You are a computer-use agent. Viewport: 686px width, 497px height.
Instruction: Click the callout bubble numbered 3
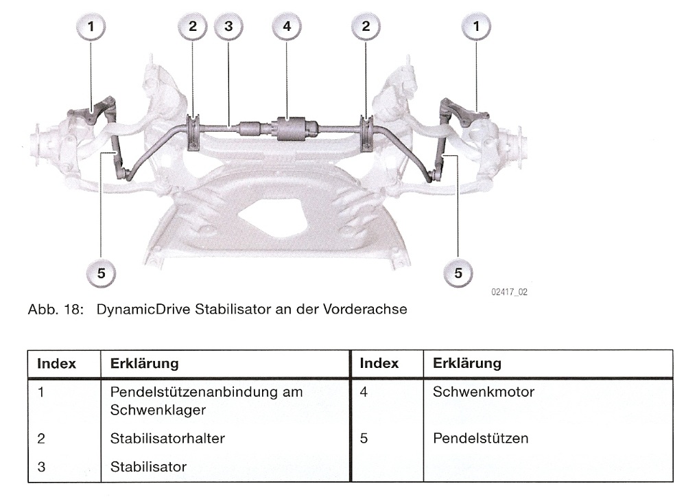click(228, 27)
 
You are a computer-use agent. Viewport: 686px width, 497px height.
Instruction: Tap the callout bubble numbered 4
click(287, 27)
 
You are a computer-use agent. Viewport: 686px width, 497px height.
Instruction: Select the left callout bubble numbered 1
click(91, 27)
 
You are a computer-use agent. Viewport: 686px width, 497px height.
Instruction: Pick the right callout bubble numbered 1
click(477, 27)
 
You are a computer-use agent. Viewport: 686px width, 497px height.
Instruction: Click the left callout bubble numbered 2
click(192, 27)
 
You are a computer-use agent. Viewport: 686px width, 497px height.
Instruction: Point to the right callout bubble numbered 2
click(366, 27)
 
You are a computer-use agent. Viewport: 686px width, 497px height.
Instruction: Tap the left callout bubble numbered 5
click(101, 273)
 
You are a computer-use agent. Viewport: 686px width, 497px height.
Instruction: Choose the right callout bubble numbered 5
click(458, 273)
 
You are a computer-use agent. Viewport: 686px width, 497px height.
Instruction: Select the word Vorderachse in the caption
click(371, 310)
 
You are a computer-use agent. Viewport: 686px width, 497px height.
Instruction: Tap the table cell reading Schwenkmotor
click(483, 393)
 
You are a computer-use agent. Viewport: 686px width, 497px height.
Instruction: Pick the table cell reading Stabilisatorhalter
click(167, 438)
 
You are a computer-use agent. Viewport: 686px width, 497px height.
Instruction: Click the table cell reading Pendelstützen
click(480, 438)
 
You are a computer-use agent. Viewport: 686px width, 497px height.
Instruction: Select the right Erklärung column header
click(467, 363)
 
